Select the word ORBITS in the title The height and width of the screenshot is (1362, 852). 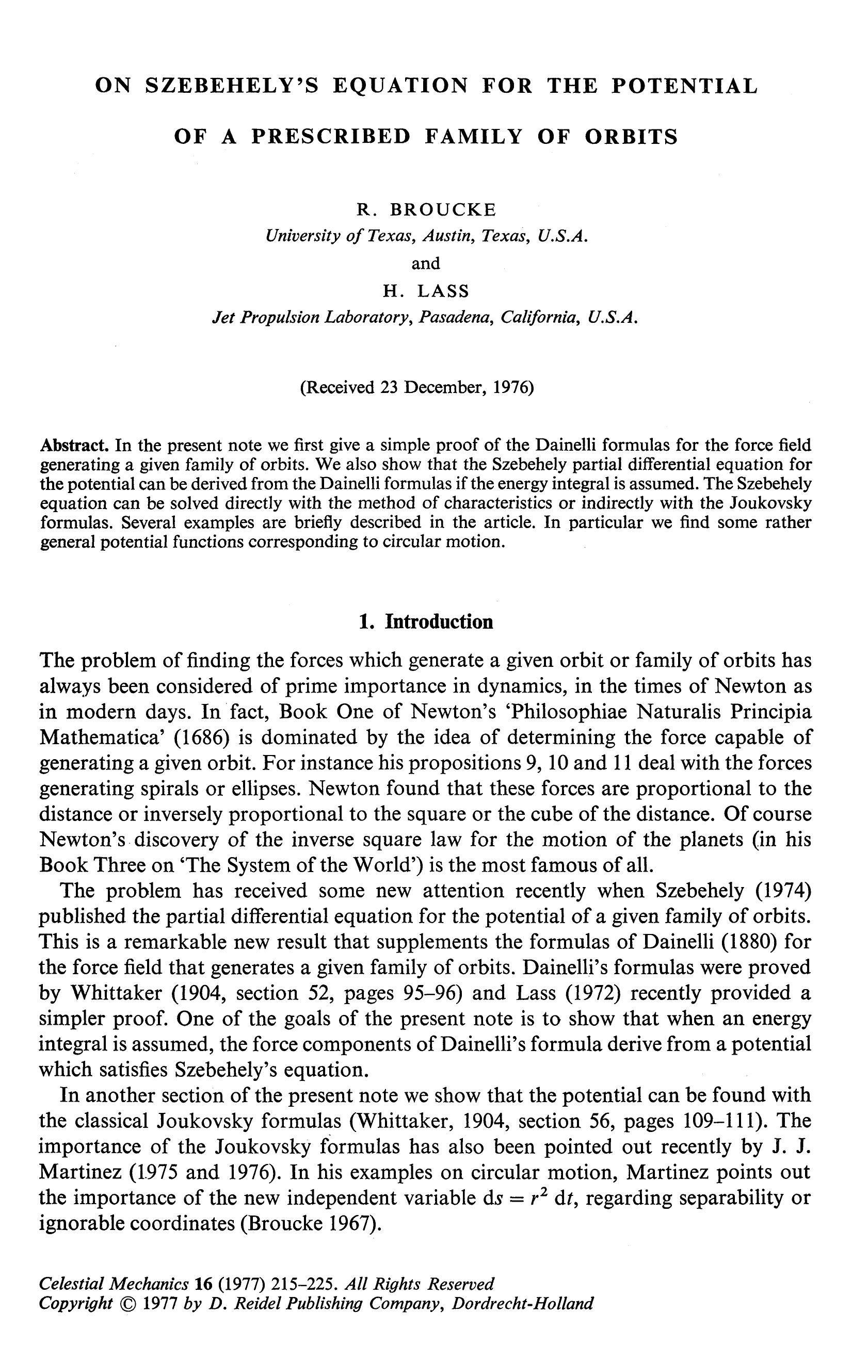point(631,137)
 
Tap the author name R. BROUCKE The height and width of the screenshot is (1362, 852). point(426,210)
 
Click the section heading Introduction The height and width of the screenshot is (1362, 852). point(439,621)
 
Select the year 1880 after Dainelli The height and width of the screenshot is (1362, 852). point(746,941)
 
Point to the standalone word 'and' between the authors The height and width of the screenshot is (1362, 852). point(426,264)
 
